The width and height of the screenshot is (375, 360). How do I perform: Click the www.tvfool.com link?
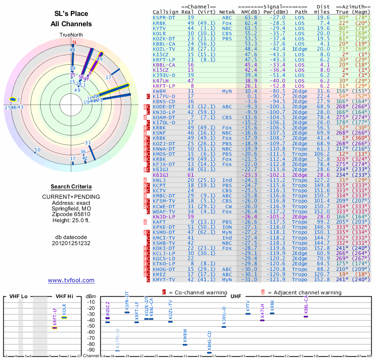click(x=71, y=280)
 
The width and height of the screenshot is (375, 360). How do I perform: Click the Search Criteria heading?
click(x=71, y=187)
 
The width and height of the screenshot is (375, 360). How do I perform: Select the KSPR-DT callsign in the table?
click(x=165, y=17)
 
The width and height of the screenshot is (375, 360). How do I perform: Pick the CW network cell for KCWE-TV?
click(x=227, y=206)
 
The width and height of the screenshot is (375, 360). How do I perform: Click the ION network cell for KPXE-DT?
click(x=227, y=227)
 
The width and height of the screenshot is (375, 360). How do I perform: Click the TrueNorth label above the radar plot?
click(x=71, y=35)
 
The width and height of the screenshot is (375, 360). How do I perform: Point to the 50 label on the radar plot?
click(x=37, y=150)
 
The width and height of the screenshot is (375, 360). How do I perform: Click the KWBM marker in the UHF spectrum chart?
click(x=185, y=345)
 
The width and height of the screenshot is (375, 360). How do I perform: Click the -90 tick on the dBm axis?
click(x=92, y=350)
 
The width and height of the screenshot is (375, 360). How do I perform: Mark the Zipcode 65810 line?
click(x=71, y=215)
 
